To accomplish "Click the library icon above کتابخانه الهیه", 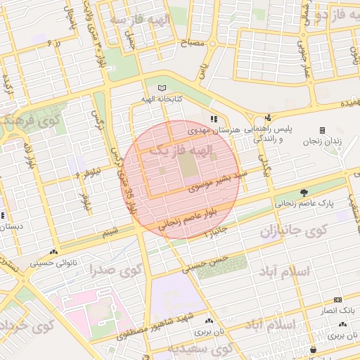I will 163,87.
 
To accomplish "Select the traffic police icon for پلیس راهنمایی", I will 267,118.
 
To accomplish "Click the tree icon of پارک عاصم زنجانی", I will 304,192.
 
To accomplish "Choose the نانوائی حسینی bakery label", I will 54,264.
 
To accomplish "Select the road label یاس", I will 202,70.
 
